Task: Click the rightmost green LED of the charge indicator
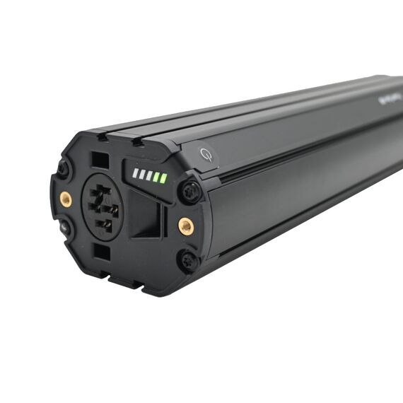coord(163,178)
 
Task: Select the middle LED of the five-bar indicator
coord(148,175)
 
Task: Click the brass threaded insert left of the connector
coord(66,199)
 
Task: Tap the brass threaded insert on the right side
coord(185,226)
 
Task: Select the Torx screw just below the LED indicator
coord(189,191)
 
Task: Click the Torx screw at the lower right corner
coord(188,262)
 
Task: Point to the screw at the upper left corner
coord(64,169)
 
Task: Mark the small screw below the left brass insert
coord(65,228)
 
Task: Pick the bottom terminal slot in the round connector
coord(103,224)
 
